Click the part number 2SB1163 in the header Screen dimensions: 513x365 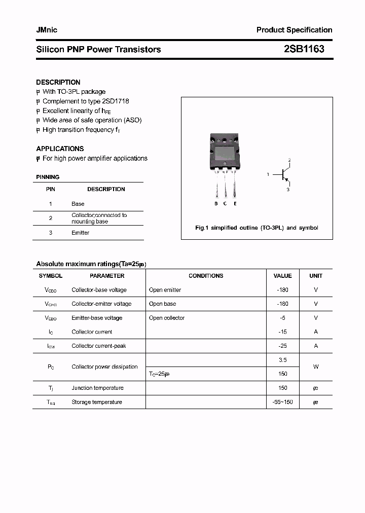click(304, 49)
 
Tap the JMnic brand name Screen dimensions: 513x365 click(47, 30)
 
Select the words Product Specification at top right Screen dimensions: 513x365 click(294, 30)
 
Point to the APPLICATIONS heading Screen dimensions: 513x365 click(60, 149)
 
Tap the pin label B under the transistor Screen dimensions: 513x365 click(216, 204)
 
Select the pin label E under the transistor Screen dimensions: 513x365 click(235, 204)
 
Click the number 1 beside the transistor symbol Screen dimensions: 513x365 click(268, 174)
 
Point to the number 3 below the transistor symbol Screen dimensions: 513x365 click(288, 190)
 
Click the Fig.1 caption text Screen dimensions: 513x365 click(257, 228)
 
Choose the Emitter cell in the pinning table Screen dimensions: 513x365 click(80, 233)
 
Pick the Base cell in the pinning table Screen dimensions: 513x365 click(78, 204)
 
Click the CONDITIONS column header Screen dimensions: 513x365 click(206, 276)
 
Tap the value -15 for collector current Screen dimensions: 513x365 click(282, 332)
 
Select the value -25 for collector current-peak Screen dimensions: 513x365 click(282, 346)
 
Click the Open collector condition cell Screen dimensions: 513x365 click(167, 318)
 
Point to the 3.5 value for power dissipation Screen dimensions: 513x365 click(283, 360)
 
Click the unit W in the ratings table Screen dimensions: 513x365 click(316, 367)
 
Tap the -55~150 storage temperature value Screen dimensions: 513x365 click(282, 402)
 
